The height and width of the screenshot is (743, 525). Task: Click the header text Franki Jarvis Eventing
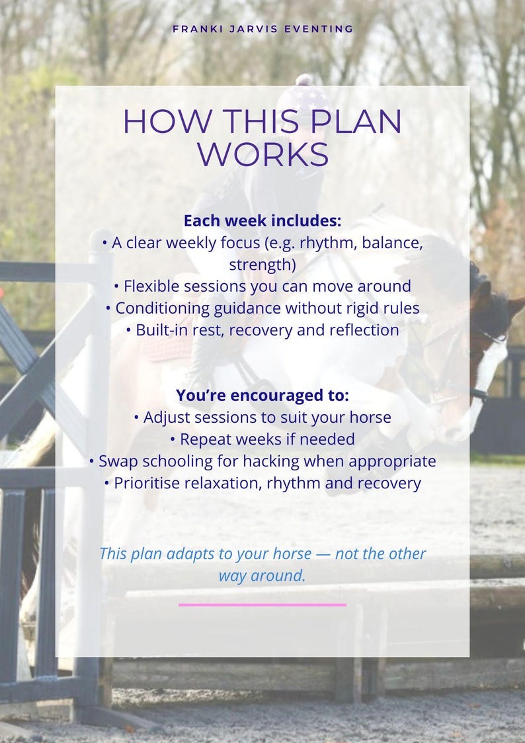pyautogui.click(x=262, y=29)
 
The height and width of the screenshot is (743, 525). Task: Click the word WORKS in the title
pyautogui.click(x=262, y=153)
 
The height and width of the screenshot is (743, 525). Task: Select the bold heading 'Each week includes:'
pyautogui.click(x=262, y=221)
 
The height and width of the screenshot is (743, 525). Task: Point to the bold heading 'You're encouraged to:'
pyautogui.click(x=262, y=396)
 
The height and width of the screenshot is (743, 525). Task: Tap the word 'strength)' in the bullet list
pyautogui.click(x=262, y=265)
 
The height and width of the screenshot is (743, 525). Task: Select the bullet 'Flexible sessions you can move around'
pyautogui.click(x=262, y=286)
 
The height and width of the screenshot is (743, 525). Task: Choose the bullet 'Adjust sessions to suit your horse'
pyautogui.click(x=262, y=417)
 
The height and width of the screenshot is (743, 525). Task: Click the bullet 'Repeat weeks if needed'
pyautogui.click(x=262, y=439)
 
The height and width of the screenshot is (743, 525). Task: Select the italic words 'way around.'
pyautogui.click(x=262, y=576)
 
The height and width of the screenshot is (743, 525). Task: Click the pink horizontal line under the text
pyautogui.click(x=262, y=604)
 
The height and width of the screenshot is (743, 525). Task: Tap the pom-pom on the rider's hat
pyautogui.click(x=303, y=81)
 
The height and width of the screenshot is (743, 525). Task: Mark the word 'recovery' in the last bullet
pyautogui.click(x=389, y=483)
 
